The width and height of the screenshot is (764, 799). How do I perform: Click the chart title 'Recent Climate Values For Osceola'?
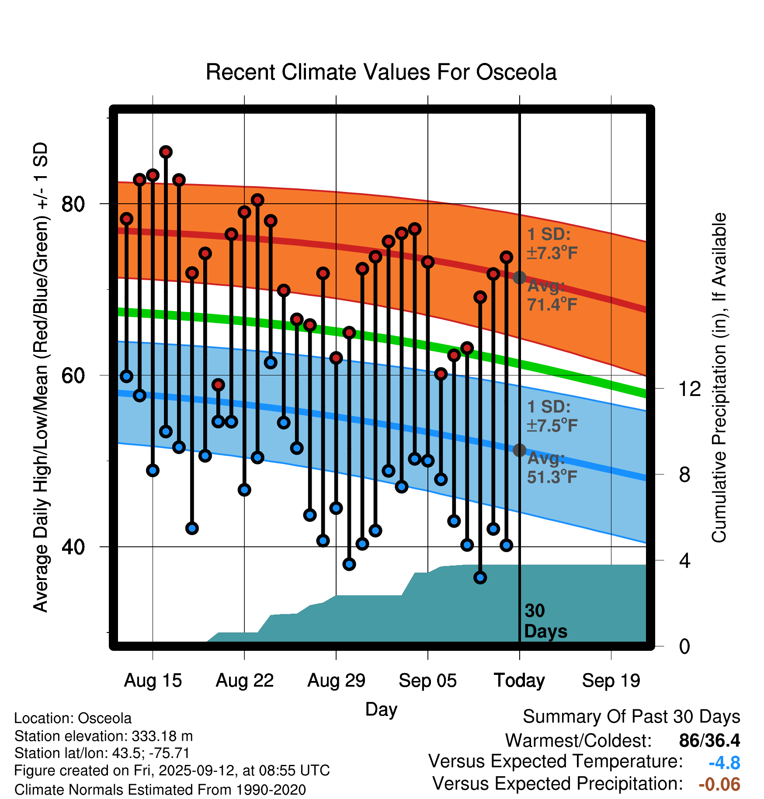[381, 72]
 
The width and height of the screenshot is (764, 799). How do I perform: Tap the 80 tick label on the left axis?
[73, 204]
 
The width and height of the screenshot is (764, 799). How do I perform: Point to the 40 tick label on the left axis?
[73, 547]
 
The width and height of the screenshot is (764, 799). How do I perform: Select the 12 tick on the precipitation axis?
[690, 389]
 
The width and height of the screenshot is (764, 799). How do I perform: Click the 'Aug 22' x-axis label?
[244, 681]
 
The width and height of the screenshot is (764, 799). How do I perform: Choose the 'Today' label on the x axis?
[519, 681]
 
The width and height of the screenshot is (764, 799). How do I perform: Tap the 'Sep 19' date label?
[611, 681]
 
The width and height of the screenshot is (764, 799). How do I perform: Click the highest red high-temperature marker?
[166, 152]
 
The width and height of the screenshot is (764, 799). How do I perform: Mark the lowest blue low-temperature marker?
[480, 578]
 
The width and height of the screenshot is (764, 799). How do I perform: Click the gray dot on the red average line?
[519, 278]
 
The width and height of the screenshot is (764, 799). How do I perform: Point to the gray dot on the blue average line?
[519, 450]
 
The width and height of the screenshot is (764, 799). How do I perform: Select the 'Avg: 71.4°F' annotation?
[552, 295]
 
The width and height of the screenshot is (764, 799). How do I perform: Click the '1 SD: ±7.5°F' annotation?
[552, 416]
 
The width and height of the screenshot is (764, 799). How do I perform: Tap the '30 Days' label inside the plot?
[545, 621]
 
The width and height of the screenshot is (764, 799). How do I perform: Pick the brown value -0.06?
[719, 784]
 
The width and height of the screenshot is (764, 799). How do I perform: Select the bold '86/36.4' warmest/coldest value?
[709, 740]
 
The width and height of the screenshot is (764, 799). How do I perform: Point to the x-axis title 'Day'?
[381, 709]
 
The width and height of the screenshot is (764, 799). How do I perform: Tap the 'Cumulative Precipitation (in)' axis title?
[719, 378]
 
